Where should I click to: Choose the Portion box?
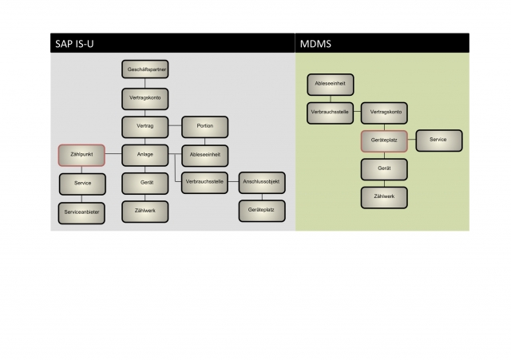pyautogui.click(x=205, y=126)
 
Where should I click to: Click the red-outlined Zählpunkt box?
pyautogui.click(x=82, y=154)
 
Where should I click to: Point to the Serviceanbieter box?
pyautogui.click(x=82, y=212)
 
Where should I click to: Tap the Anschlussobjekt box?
pyautogui.click(x=262, y=183)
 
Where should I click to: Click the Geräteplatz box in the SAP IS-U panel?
pyautogui.click(x=262, y=212)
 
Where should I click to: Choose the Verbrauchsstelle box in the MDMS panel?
pyautogui.click(x=331, y=112)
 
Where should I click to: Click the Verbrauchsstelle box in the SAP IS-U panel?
pyautogui.click(x=205, y=183)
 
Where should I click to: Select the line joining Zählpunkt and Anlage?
pyautogui.click(x=113, y=154)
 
